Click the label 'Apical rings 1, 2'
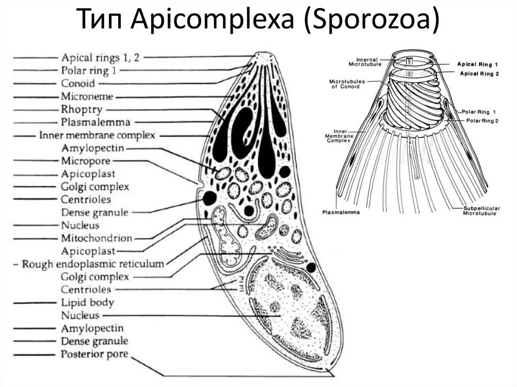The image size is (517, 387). click(x=100, y=57)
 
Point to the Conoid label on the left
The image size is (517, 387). click(x=78, y=83)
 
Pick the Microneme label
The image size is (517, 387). click(x=87, y=96)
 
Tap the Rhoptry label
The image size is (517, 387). click(x=81, y=109)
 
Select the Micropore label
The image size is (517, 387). click(x=85, y=161)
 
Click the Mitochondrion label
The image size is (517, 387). click(x=96, y=238)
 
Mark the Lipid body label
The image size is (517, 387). click(x=87, y=303)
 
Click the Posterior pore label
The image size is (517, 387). click(x=94, y=354)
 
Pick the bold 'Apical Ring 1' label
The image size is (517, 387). click(x=478, y=65)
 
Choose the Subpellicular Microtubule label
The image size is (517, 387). click(x=480, y=211)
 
